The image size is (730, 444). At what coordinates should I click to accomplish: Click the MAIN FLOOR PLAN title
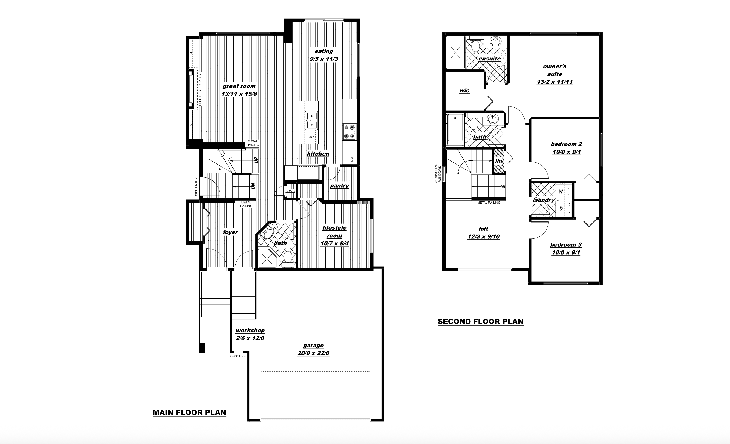coord(189,413)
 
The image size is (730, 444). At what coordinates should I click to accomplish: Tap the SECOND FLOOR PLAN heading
coord(481,322)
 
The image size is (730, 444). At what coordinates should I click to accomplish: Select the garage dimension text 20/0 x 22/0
coord(313,353)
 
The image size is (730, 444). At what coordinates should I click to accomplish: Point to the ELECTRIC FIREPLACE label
coord(200,89)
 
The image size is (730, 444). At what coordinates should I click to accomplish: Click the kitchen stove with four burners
coord(349,132)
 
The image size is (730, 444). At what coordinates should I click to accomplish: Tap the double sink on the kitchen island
coord(311,121)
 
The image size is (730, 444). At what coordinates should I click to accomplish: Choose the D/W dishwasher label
coord(311,137)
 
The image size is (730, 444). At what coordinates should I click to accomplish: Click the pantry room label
coord(339,186)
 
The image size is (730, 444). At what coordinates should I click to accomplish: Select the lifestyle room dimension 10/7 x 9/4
coord(334,243)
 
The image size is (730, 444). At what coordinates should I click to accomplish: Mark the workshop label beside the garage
coord(250,331)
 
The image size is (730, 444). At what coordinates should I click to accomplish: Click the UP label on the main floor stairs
coord(256,160)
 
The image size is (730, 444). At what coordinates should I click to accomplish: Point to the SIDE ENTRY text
coord(196,187)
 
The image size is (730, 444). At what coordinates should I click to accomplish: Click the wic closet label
coord(464,91)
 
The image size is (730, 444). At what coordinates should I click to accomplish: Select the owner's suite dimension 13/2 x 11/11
coord(555,82)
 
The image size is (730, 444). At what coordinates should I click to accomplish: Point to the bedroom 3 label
coord(566,245)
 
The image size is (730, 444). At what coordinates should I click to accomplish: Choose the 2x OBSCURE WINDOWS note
coord(438,174)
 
